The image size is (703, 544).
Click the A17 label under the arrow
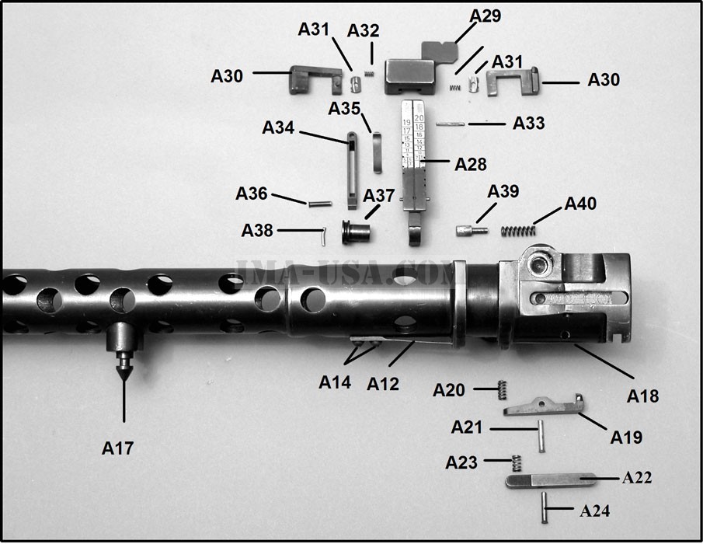119,448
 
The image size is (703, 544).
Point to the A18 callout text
642,396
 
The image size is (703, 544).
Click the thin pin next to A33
451,123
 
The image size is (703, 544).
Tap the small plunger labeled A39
470,231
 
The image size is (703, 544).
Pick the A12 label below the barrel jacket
383,382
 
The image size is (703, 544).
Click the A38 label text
257,231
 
